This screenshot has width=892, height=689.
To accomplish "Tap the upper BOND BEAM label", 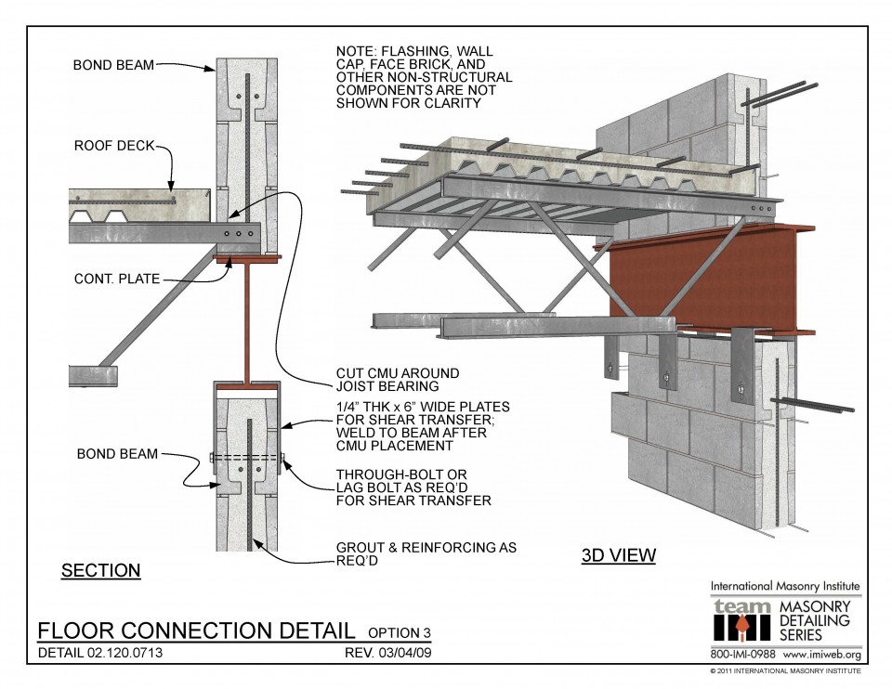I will (113, 65).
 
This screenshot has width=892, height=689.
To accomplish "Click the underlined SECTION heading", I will (100, 570).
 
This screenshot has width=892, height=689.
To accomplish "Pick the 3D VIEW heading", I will (618, 556).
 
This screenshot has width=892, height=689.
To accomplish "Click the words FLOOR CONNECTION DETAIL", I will (195, 630).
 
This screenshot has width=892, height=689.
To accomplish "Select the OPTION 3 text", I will (400, 633).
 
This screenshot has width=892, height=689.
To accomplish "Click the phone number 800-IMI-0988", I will (743, 654).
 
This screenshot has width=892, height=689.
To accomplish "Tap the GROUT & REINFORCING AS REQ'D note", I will (426, 554).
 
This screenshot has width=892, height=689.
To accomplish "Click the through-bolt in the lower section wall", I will (246, 457).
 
